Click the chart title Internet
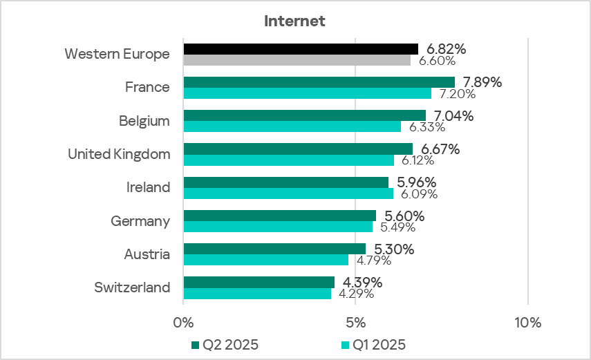(x=294, y=21)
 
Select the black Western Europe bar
(x=301, y=48)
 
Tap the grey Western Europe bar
(x=297, y=60)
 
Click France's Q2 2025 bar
(x=319, y=82)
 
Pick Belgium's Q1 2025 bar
(x=292, y=127)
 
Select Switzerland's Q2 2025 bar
(x=259, y=282)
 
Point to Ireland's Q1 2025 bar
(x=288, y=193)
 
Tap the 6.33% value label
(x=427, y=127)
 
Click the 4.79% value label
(x=374, y=260)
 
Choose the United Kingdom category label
(x=119, y=154)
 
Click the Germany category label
(x=140, y=221)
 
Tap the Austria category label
(x=147, y=254)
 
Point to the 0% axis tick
(x=183, y=323)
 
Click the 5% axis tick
(x=355, y=323)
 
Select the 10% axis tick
(x=527, y=323)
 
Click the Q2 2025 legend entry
(x=225, y=344)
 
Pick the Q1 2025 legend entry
(x=373, y=344)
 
